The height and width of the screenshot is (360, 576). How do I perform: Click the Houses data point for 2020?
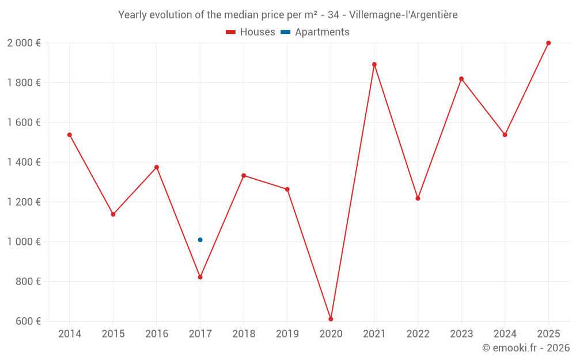click(331, 319)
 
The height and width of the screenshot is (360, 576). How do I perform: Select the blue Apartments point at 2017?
click(200, 240)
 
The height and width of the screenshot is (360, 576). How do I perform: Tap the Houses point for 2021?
click(374, 65)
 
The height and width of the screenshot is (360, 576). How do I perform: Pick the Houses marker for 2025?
click(548, 43)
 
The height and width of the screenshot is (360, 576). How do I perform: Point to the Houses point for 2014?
click(70, 135)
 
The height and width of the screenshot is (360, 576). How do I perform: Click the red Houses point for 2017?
click(200, 277)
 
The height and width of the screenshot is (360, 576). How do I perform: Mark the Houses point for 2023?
click(461, 79)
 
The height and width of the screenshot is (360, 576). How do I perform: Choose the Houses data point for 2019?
click(287, 190)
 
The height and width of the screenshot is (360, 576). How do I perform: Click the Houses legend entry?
click(251, 32)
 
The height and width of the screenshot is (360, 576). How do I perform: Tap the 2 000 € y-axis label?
click(24, 43)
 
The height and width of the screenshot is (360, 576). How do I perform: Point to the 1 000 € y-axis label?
click(24, 242)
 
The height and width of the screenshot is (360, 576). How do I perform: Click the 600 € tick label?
click(27, 321)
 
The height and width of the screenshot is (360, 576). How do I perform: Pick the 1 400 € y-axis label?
click(24, 162)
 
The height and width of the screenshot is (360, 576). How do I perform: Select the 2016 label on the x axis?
click(157, 334)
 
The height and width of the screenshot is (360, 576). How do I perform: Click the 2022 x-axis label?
click(418, 334)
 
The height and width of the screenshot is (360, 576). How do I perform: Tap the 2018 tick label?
click(244, 334)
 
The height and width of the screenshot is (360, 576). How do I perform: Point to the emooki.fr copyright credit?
click(526, 348)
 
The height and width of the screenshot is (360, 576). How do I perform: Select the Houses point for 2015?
click(113, 214)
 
